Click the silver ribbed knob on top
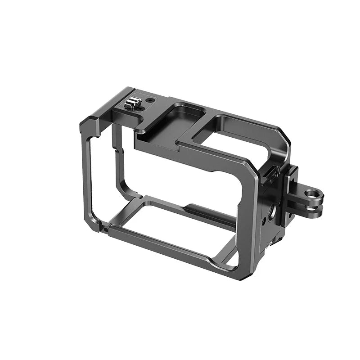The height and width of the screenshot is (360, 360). click(x=131, y=104)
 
